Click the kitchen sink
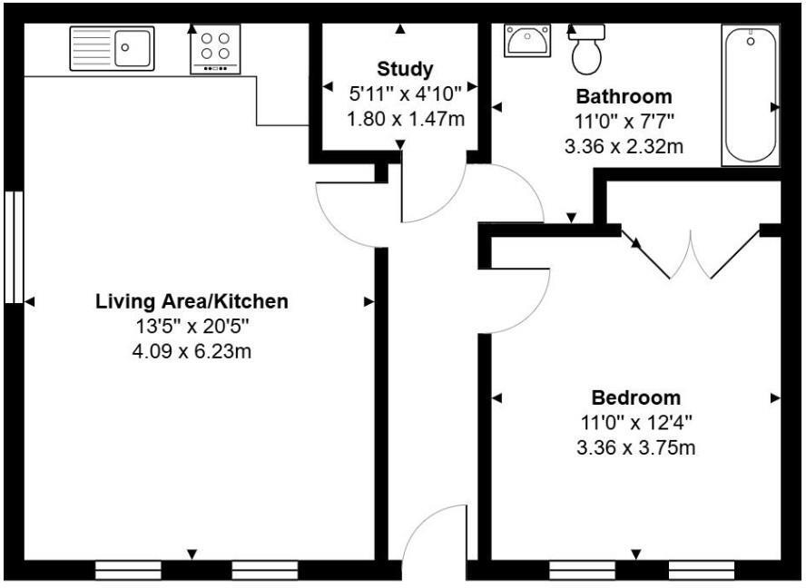tap(113, 48)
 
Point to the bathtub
tap(750, 95)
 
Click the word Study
tap(406, 69)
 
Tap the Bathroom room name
tap(624, 96)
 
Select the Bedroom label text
tap(635, 397)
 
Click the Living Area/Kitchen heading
tap(192, 301)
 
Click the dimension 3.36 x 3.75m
tap(635, 447)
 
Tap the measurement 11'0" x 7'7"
tap(624, 121)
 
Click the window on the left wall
tap(13, 246)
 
